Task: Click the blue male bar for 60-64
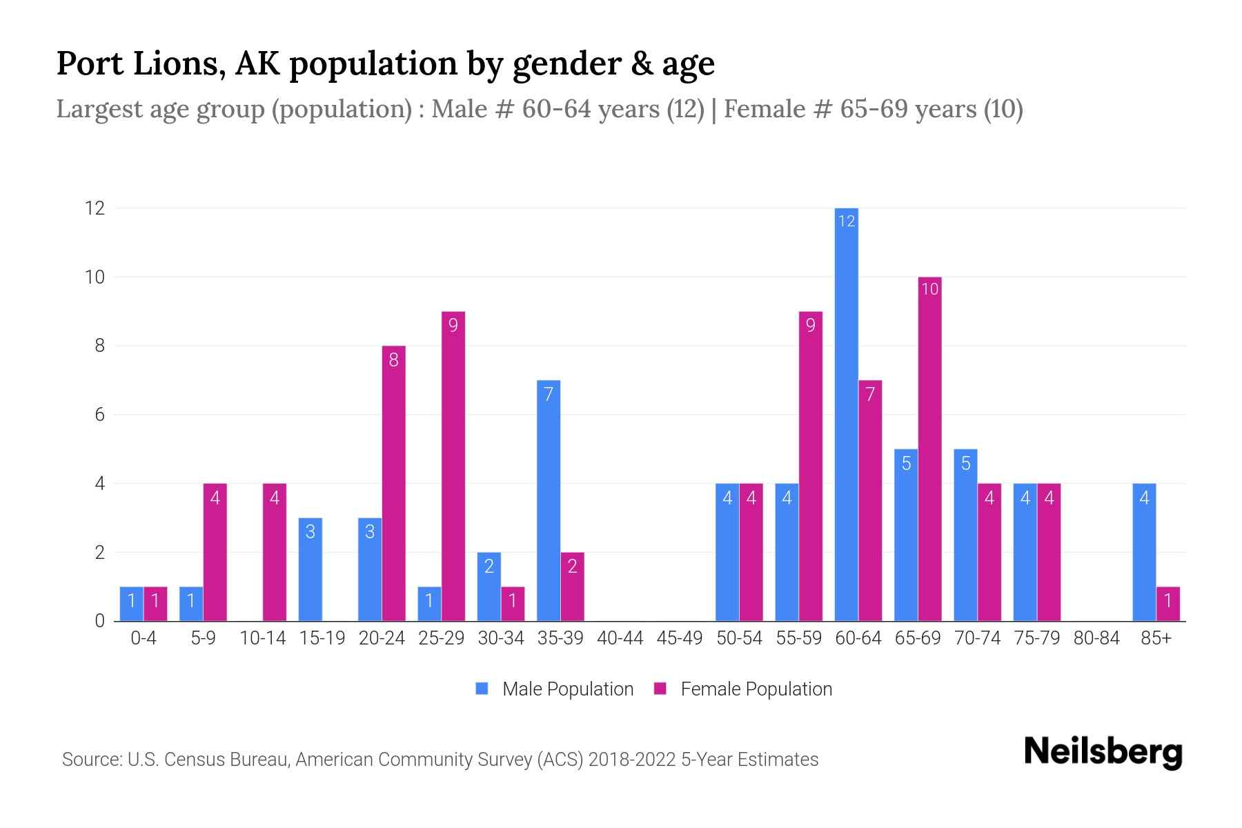coord(846,414)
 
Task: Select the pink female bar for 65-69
coord(929,448)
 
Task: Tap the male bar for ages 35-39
coord(549,500)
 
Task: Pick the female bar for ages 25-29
coord(453,466)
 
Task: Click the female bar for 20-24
coord(393,483)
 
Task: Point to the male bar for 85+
coord(1144,552)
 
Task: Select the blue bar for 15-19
coord(310,569)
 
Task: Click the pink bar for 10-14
coord(275,552)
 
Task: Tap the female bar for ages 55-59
coord(811,466)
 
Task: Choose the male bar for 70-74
coord(965,535)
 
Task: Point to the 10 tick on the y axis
coord(95,277)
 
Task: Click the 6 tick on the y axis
coord(99,415)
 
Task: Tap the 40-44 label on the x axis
coord(620,638)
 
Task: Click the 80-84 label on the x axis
coord(1096,638)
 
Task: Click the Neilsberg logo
coord(1103,752)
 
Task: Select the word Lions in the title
coord(178,63)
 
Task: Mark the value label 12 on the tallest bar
coord(846,221)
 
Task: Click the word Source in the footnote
coord(91,760)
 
